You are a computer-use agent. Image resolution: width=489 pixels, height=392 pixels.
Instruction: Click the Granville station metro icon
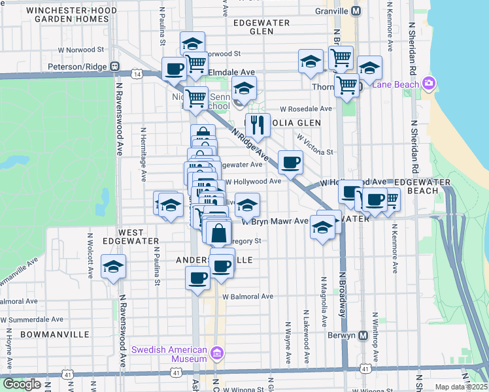[356, 11]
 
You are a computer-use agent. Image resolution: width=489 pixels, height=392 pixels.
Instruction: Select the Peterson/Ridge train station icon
[114, 66]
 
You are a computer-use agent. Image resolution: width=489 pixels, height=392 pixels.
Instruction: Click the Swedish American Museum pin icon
[218, 353]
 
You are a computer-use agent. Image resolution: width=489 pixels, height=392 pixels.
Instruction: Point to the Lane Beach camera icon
[429, 83]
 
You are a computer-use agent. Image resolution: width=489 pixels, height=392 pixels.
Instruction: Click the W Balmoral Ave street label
[247, 296]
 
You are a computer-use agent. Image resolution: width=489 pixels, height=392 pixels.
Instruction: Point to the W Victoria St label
[314, 144]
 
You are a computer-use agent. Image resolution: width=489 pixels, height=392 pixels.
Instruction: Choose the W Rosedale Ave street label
[306, 109]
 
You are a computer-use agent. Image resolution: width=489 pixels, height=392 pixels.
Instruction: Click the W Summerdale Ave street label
[31, 319]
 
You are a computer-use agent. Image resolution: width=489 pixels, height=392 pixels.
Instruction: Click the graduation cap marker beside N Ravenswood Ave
[114, 266]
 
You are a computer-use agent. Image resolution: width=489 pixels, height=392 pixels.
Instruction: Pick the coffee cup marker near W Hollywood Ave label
[290, 161]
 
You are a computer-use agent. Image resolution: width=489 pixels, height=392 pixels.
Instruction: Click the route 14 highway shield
[137, 75]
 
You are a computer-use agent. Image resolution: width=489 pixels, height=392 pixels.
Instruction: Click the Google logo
[22, 384]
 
